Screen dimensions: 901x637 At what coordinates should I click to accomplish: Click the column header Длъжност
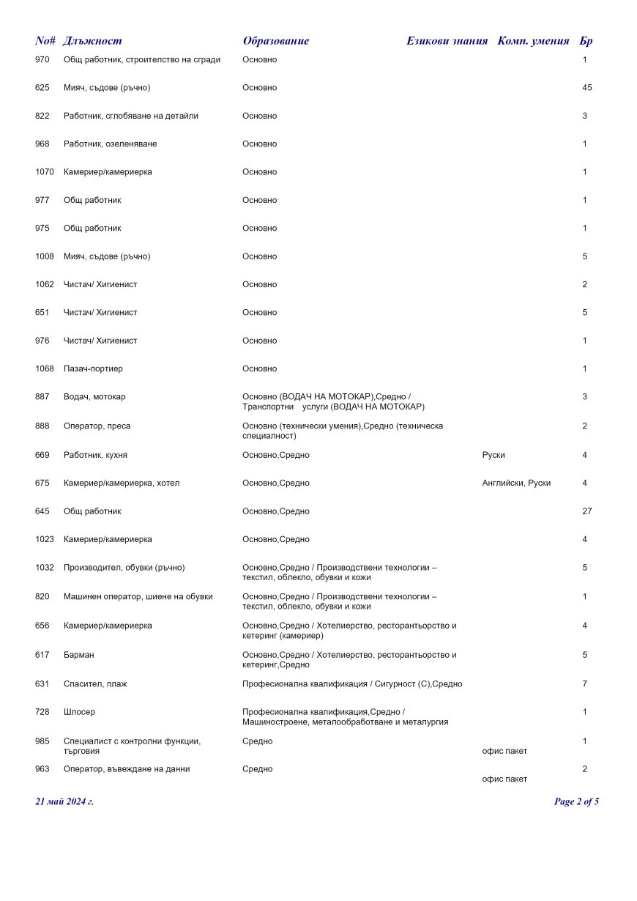coord(92,41)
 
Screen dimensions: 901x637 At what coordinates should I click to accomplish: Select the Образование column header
coord(276,41)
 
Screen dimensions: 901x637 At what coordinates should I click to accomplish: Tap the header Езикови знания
coord(447,41)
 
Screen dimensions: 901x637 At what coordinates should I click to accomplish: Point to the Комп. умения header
coord(533,41)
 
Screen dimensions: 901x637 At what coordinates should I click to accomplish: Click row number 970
coord(42,59)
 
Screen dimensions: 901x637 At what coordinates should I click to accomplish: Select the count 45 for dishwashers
coord(586,88)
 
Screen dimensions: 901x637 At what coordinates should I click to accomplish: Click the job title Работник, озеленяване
coord(110,144)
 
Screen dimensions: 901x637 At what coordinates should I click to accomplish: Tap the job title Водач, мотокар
coord(94,397)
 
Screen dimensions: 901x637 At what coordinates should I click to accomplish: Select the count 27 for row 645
coord(586,511)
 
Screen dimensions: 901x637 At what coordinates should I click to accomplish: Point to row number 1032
coord(45,568)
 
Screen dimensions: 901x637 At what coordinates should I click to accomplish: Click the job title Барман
coord(79,655)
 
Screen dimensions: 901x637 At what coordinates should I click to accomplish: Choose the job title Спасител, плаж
coord(95,684)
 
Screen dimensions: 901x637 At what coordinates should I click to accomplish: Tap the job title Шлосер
coord(79,712)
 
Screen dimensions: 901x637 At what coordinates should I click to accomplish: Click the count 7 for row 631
coord(584,684)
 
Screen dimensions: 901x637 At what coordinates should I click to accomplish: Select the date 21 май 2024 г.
coord(64,801)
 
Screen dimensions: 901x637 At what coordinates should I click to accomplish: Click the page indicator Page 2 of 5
coord(576,801)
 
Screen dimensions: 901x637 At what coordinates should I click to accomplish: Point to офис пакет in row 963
coord(504,779)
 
